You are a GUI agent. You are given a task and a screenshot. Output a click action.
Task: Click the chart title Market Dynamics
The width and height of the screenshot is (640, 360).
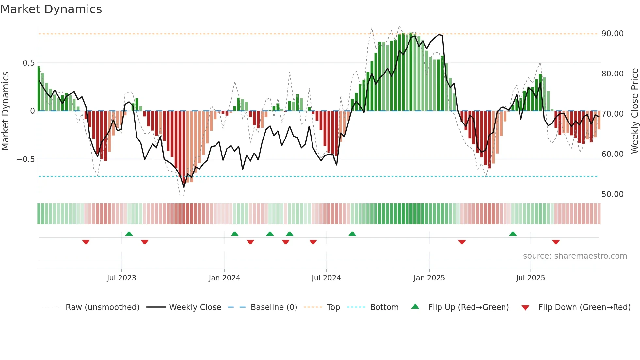[x=51, y=9]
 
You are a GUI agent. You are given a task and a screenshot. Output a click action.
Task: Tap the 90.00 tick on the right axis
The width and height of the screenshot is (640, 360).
[x=612, y=34]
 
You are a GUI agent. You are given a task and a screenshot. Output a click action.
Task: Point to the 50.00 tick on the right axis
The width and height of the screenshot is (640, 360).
[x=612, y=194]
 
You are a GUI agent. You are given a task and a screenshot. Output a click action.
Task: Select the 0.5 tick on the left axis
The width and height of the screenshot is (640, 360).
[x=28, y=63]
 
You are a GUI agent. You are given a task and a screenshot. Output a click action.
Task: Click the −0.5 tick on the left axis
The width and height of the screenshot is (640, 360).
[x=26, y=159]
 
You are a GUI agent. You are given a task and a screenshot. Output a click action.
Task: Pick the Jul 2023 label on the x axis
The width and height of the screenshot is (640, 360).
[x=121, y=278]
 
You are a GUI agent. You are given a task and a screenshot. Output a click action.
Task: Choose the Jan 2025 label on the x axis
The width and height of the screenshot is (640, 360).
[x=429, y=278]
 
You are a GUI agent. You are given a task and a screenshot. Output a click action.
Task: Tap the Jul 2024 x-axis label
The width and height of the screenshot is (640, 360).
[x=326, y=278]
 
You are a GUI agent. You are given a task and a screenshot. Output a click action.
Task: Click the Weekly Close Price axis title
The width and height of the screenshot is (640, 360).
[x=634, y=111]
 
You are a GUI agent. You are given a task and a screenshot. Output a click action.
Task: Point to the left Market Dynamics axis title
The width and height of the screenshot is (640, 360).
[x=5, y=111]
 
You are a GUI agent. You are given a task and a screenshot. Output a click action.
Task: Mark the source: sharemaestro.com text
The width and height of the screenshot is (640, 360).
[x=575, y=256]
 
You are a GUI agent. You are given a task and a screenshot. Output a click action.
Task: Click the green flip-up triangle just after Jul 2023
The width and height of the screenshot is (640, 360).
[x=129, y=234]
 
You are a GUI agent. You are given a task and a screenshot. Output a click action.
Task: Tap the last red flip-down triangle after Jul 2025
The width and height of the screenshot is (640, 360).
[x=556, y=242]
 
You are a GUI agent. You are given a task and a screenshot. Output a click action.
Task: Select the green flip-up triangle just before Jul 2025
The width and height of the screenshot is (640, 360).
[x=513, y=234]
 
